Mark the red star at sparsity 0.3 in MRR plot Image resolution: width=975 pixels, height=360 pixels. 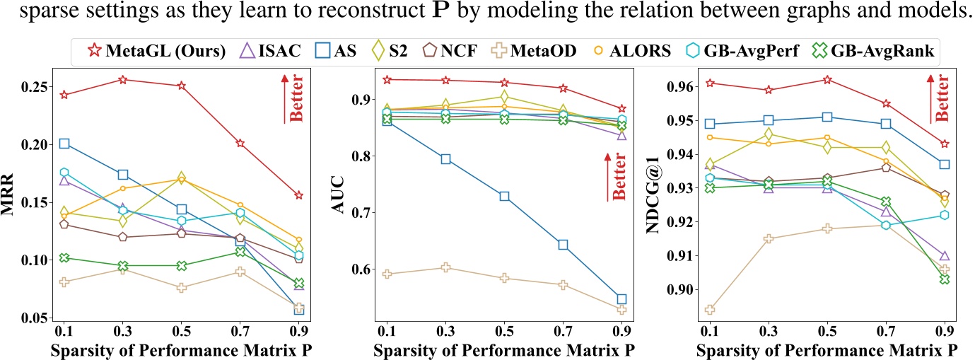coord(123,79)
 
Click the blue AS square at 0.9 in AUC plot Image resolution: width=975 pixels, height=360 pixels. coord(621,299)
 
